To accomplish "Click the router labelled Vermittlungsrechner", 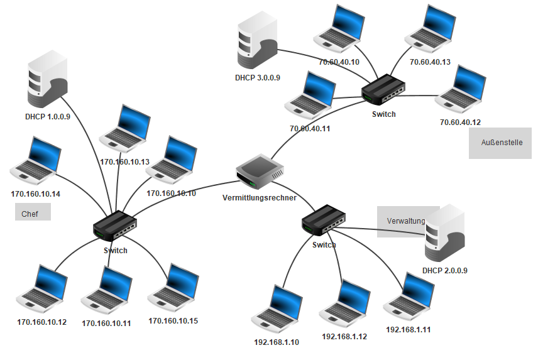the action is (x=260, y=172).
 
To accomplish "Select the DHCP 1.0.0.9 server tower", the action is (x=47, y=80).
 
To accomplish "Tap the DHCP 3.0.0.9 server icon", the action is (x=257, y=40).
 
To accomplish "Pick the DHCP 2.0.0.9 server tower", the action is (x=445, y=233).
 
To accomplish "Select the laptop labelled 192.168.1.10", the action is (x=277, y=310).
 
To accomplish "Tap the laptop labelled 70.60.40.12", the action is (x=461, y=89).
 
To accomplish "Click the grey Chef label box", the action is (x=33, y=212).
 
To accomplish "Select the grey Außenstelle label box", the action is (x=500, y=143).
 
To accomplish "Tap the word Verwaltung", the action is (x=406, y=221).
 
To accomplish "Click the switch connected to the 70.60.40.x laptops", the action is (x=383, y=90).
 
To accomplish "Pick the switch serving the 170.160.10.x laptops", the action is (x=115, y=226).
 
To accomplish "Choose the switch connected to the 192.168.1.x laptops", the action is (x=324, y=220).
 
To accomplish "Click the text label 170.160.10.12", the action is (x=42, y=322).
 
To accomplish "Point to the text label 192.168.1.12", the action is (x=344, y=337).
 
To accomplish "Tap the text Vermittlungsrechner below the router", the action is (x=260, y=198).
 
